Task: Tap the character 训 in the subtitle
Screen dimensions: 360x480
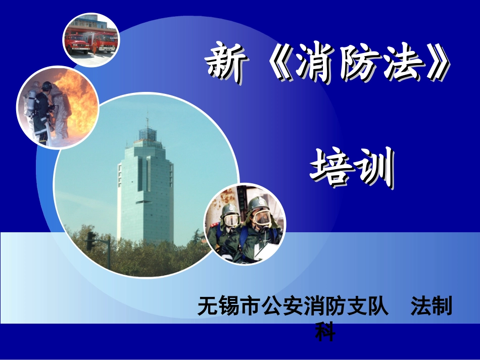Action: pos(375,167)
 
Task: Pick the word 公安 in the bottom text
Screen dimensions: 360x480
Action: pos(280,306)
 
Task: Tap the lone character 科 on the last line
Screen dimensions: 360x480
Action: pos(325,332)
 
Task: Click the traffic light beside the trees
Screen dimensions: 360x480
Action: pos(91,241)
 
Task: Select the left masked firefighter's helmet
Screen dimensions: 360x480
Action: pos(230,208)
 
